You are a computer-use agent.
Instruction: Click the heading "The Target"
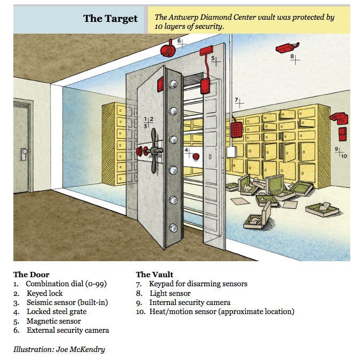pyautogui.click(x=110, y=19)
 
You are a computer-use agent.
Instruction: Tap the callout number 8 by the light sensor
pyautogui.click(x=292, y=56)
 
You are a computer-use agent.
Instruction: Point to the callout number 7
pyautogui.click(x=236, y=100)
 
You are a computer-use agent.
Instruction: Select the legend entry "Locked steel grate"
pyautogui.click(x=57, y=311)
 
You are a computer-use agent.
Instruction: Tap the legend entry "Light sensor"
pyautogui.click(x=170, y=293)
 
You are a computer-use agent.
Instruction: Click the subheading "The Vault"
pyautogui.click(x=155, y=275)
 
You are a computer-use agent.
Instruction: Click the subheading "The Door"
pyautogui.click(x=32, y=275)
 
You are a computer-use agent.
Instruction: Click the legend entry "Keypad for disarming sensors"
pyautogui.click(x=198, y=284)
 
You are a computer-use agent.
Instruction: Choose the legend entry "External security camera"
pyautogui.click(x=68, y=330)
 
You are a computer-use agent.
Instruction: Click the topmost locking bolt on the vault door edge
pyautogui.click(x=172, y=84)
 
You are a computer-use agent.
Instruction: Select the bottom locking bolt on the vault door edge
pyautogui.click(x=172, y=228)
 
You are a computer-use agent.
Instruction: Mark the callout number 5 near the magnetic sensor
pyautogui.click(x=212, y=58)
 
